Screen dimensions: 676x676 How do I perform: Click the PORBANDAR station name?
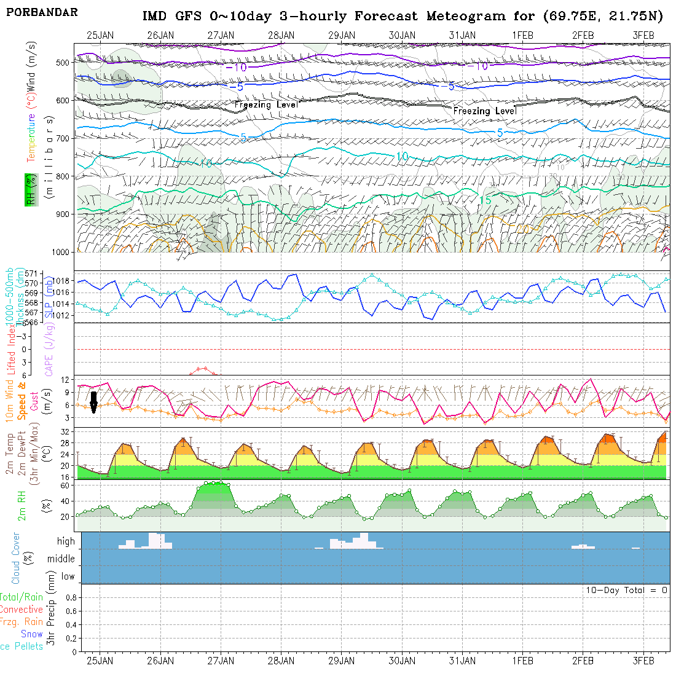(42, 12)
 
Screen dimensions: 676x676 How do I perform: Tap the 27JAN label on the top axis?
(221, 35)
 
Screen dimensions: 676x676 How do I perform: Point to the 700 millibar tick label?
(62, 138)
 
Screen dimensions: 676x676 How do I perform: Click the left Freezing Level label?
(266, 105)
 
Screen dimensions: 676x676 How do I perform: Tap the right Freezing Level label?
(485, 111)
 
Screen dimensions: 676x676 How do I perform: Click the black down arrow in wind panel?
(93, 402)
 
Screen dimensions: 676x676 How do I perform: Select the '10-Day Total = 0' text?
(626, 590)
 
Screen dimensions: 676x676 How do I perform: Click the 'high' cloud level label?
(66, 541)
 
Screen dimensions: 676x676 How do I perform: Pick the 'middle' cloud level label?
(61, 559)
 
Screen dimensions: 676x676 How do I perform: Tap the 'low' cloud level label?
(68, 576)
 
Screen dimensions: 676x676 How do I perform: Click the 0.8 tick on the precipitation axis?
(70, 597)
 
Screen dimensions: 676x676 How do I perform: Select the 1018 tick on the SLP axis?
(65, 281)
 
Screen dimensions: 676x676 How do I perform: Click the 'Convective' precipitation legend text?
(22, 610)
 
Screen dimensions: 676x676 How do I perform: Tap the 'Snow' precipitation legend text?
(32, 634)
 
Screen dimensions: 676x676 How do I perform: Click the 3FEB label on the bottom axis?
(643, 661)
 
